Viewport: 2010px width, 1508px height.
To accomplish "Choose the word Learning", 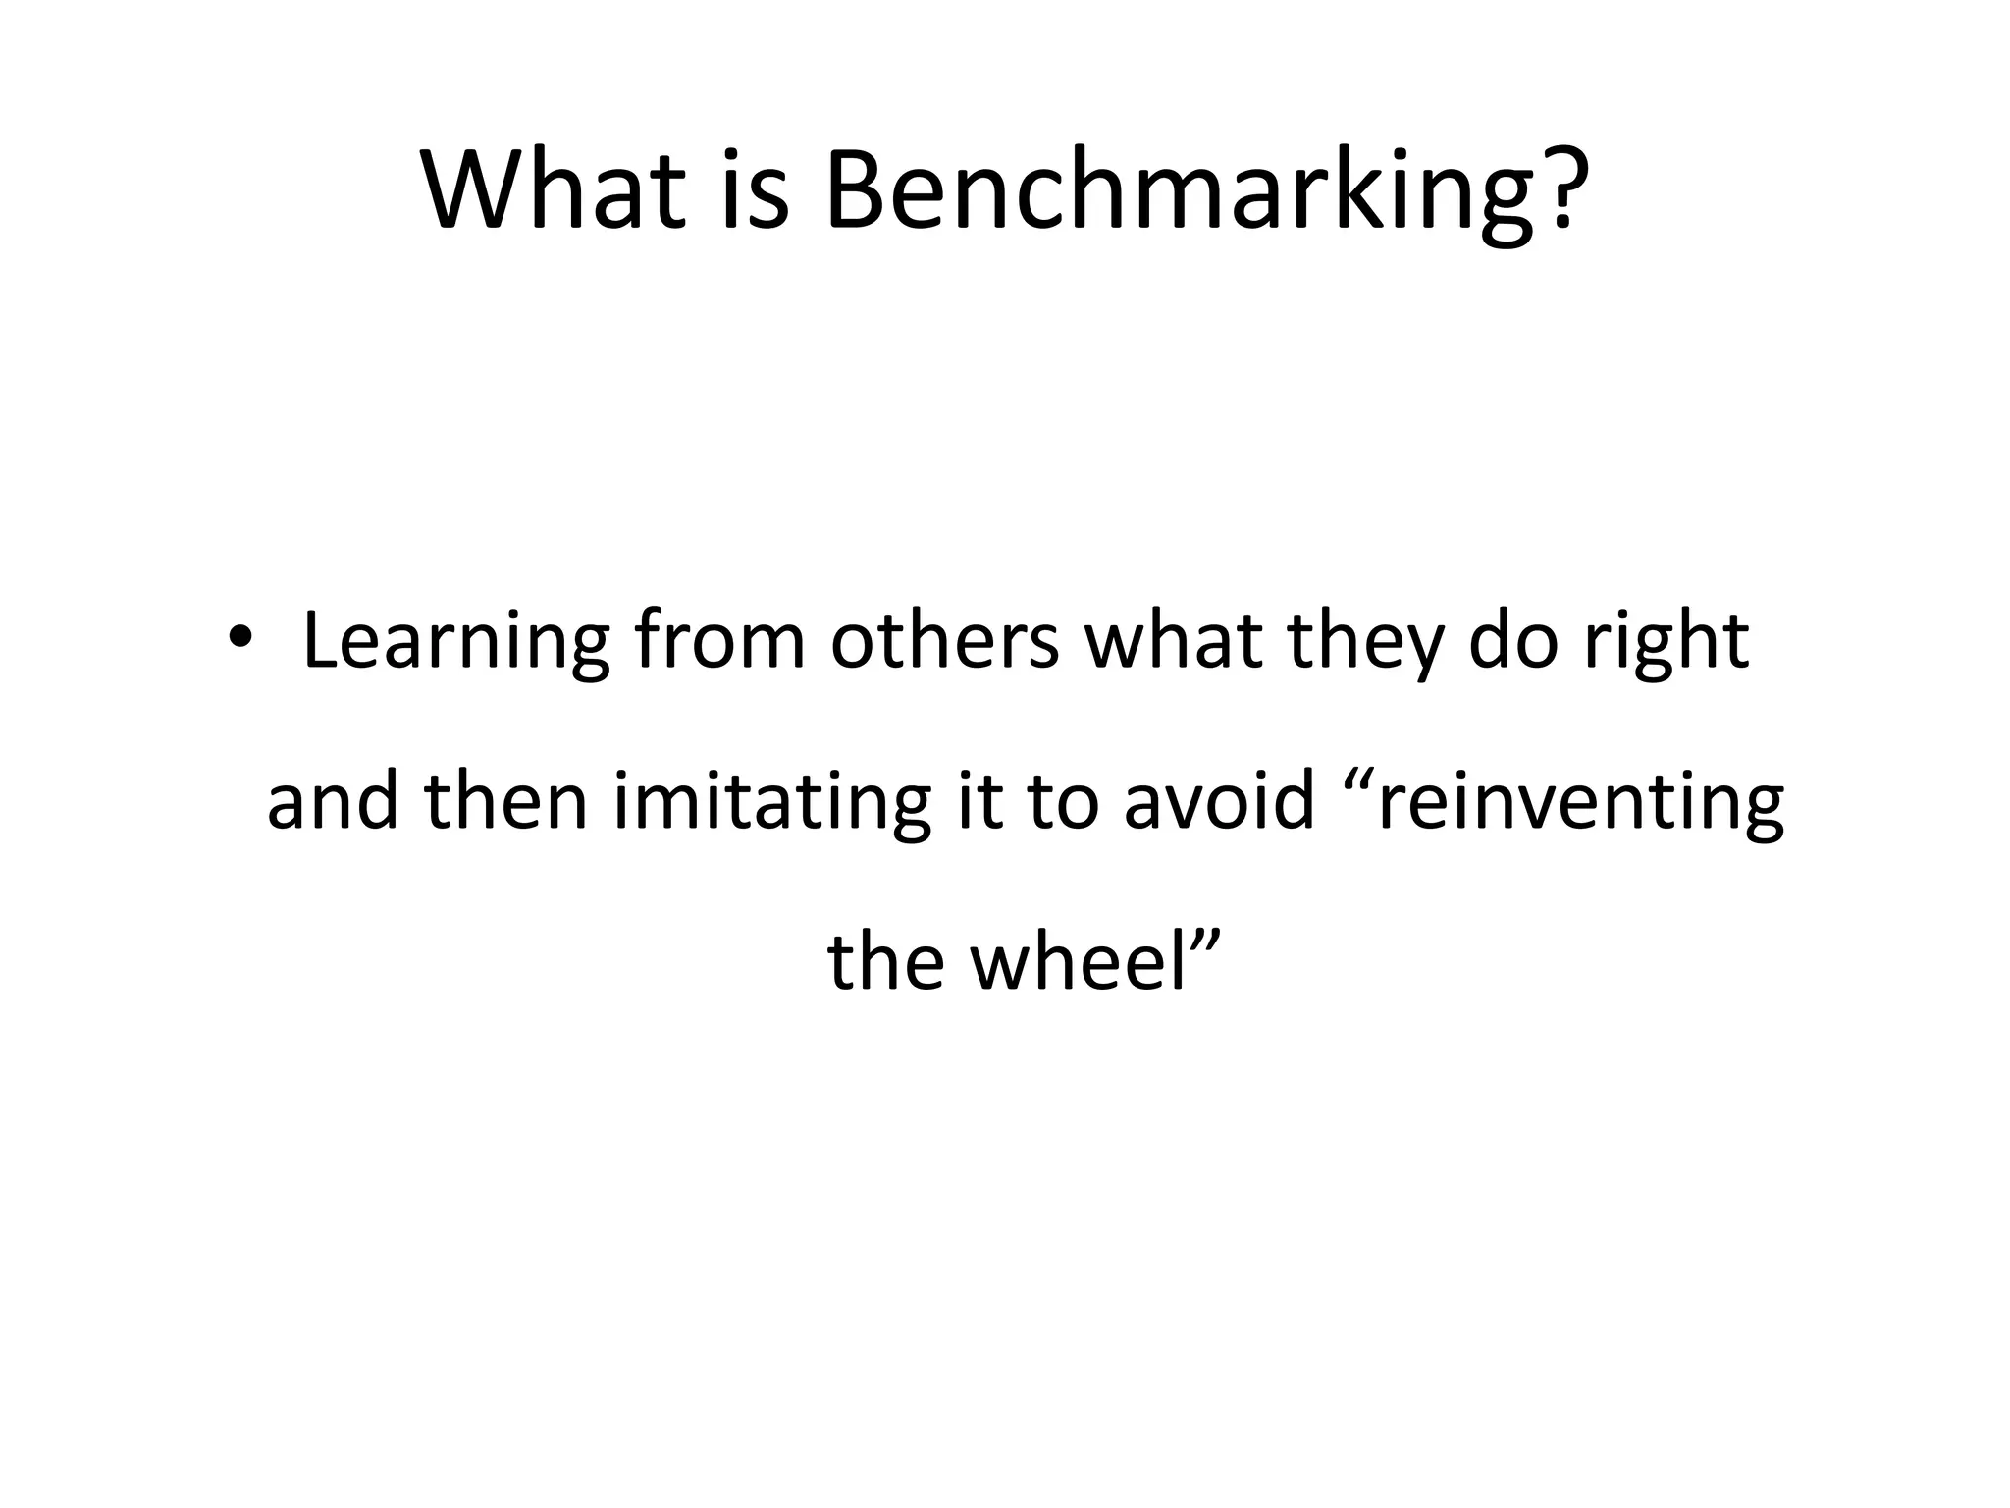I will pyautogui.click(x=455, y=643).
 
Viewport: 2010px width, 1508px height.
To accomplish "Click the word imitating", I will pyautogui.click(x=771, y=801).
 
